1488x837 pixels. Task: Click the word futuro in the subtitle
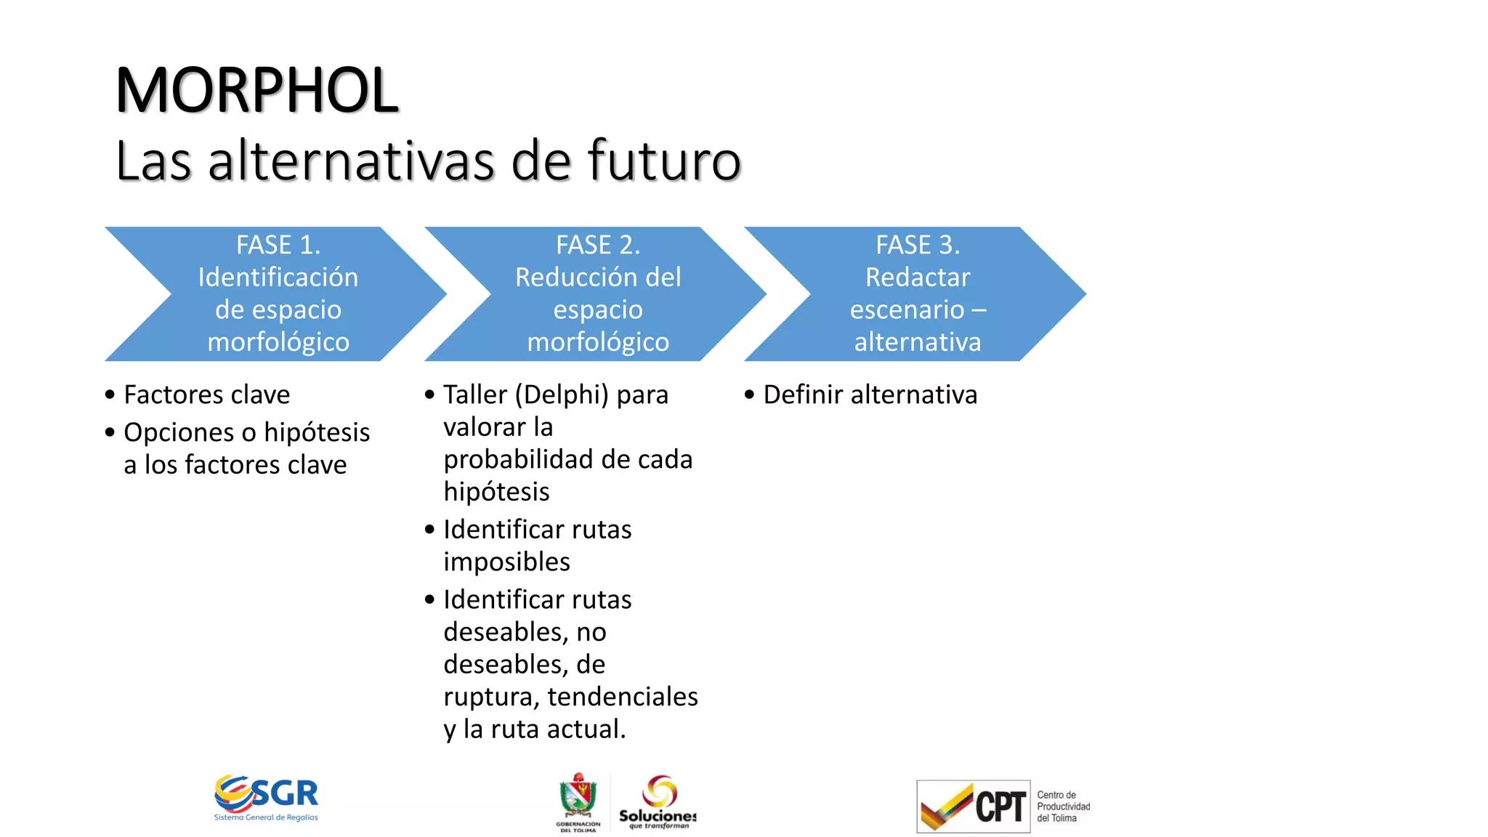tap(663, 161)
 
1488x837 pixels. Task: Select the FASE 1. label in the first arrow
tap(278, 245)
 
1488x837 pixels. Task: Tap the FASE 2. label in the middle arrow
tap(598, 245)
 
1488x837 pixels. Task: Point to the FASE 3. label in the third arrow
tap(918, 245)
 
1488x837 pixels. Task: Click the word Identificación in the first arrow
tap(278, 277)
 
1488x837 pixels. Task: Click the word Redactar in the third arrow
tap(918, 277)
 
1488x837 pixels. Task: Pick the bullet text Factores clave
tap(207, 395)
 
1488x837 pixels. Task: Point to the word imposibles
tap(506, 562)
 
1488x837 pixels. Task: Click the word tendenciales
tap(623, 696)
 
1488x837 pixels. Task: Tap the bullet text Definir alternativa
tap(870, 395)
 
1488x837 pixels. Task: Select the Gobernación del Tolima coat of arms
tap(578, 799)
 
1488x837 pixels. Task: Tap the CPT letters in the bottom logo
tap(1000, 806)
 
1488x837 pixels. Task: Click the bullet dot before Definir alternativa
tap(749, 395)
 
